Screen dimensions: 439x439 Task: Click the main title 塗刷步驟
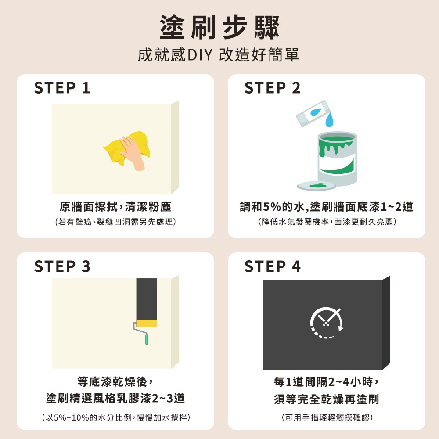pos(219,27)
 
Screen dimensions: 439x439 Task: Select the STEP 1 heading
pos(62,88)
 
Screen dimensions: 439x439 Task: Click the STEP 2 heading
pos(273,88)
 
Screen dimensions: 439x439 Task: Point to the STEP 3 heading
pos(62,266)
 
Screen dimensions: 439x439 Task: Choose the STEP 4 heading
pos(273,266)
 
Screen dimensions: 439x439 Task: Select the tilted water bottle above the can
pos(313,113)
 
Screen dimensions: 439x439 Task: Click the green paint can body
pos(337,158)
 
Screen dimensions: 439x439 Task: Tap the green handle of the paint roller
pos(147,339)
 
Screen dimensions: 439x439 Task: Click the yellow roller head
pos(147,323)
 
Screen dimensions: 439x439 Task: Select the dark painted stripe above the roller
pos(147,299)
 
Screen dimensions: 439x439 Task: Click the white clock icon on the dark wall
pos(327,323)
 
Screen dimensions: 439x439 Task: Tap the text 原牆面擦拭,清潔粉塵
pos(115,207)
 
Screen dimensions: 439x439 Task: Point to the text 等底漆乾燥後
pos(115,381)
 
